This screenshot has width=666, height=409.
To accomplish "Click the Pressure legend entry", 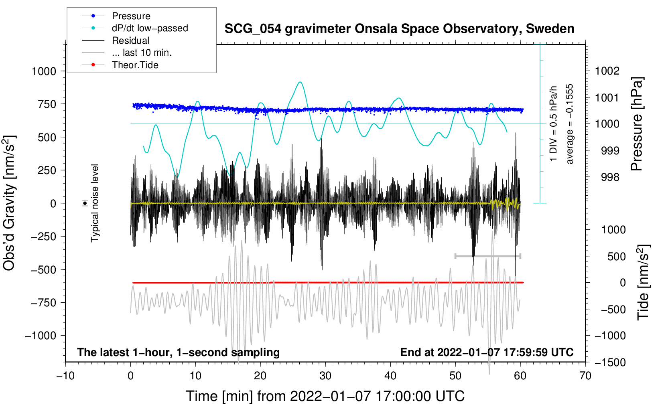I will click(131, 16).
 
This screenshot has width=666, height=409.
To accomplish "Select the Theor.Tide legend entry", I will click(135, 65).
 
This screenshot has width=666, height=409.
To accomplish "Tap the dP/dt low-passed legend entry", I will click(150, 28).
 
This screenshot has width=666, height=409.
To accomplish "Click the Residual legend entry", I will click(130, 40).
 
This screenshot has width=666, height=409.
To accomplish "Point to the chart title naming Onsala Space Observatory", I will click(399, 29).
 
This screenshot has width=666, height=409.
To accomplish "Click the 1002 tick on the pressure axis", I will click(607, 71).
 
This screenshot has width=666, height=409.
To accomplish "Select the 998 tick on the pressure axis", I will click(610, 177).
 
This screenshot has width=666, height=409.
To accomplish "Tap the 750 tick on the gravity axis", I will click(47, 104).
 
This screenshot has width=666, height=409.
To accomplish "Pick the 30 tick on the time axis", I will click(325, 376).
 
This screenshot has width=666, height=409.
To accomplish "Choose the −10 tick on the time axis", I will click(65, 376).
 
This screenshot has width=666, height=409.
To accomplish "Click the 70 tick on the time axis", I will click(585, 376).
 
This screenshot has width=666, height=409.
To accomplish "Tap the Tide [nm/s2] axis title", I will click(643, 282).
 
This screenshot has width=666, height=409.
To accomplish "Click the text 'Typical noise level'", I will click(95, 203).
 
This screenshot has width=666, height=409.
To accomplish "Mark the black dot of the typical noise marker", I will click(85, 203).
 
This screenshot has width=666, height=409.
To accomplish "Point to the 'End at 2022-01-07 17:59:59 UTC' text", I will click(487, 352).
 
